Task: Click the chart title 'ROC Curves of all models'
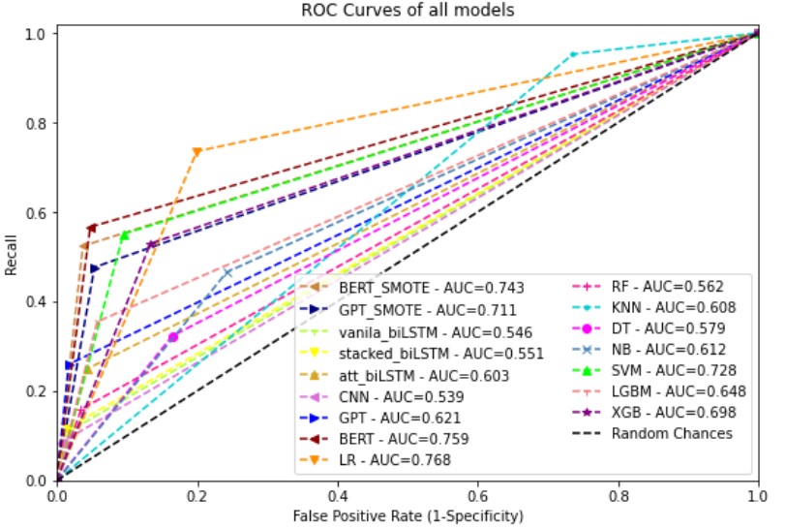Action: pos(408,11)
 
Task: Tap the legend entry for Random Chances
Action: pos(671,433)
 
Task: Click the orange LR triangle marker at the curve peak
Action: pos(197,151)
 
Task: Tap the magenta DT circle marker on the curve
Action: pos(173,337)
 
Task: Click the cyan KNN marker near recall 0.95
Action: pos(573,54)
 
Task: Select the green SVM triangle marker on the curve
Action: pos(125,234)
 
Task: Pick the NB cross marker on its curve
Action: pos(228,272)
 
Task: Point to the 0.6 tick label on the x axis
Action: pos(477,495)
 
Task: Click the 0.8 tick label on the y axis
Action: pos(36,124)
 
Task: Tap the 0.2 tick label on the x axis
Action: pos(197,495)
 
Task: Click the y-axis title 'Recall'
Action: pos(11,257)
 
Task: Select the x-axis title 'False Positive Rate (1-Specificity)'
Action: pos(408,514)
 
